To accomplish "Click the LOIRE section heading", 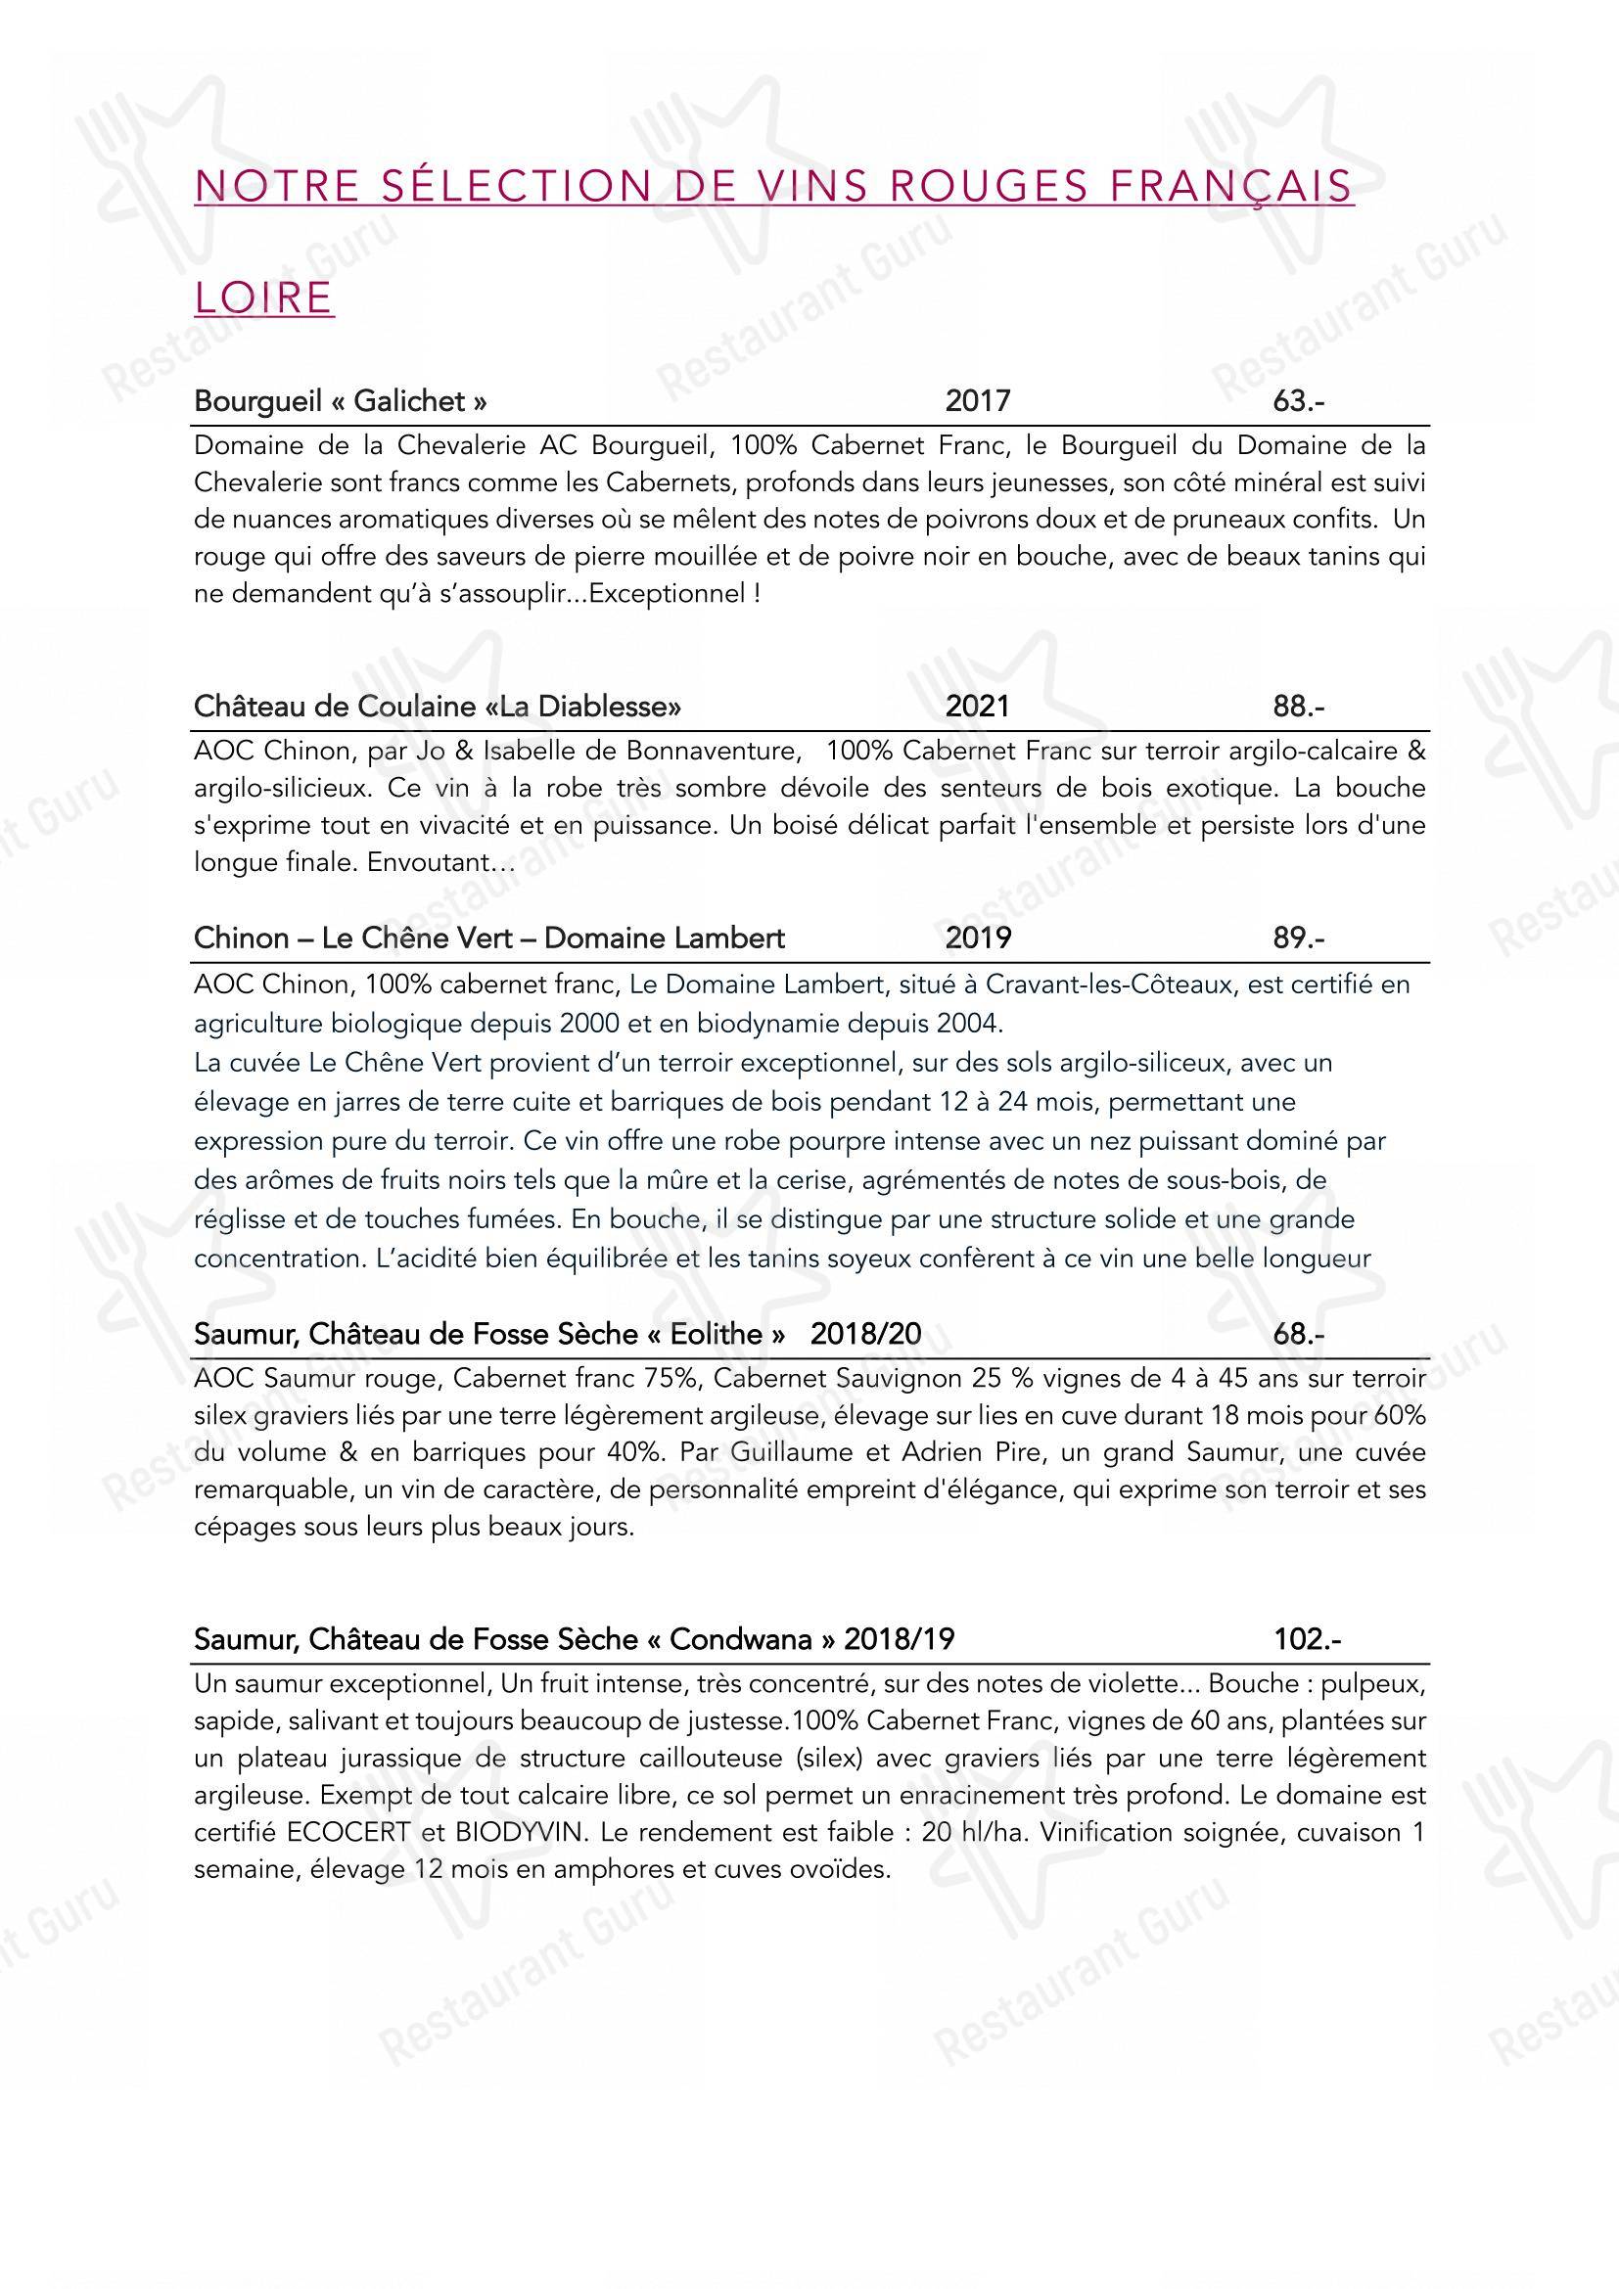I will (264, 298).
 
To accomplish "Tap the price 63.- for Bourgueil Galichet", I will (1298, 401).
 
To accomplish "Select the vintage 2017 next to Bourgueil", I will (977, 401).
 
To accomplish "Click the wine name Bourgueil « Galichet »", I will (341, 401).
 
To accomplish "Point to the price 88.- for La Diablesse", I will (1298, 707).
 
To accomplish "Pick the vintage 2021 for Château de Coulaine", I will (977, 707).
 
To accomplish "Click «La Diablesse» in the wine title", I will (590, 707).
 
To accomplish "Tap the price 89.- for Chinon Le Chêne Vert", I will (1298, 938).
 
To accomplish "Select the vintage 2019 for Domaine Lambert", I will (977, 938).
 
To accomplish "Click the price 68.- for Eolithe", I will (1298, 1334).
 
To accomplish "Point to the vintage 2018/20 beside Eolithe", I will (865, 1334).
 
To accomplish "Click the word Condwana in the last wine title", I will (740, 1639).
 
